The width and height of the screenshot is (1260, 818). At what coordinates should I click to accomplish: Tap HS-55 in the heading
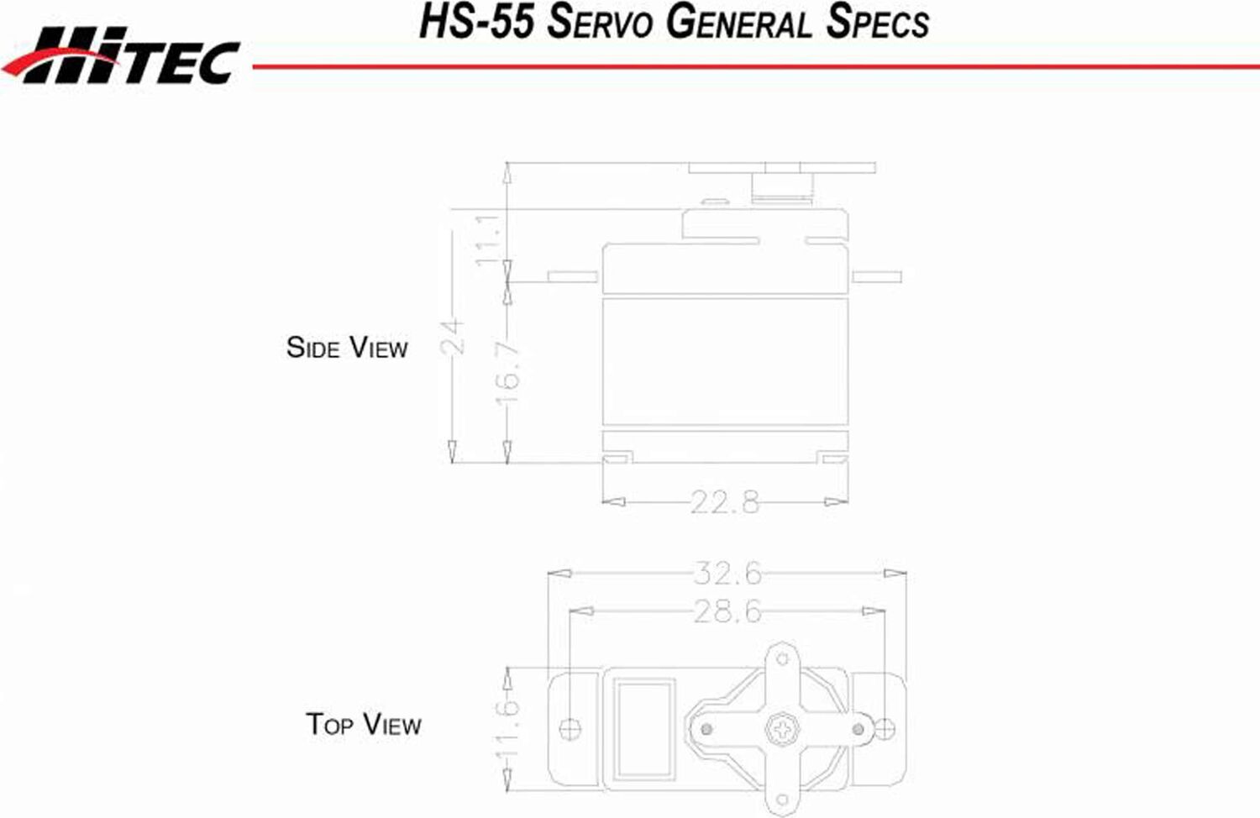point(476,23)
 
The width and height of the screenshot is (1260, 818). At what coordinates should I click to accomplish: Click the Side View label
point(346,348)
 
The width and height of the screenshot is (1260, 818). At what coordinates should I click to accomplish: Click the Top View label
point(363,724)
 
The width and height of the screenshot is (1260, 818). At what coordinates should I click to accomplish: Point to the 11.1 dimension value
point(488,239)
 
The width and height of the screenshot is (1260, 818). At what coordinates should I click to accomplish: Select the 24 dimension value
point(453,336)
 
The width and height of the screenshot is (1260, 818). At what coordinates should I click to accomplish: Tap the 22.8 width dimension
point(725,502)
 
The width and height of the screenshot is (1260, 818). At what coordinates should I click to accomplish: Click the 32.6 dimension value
point(727,574)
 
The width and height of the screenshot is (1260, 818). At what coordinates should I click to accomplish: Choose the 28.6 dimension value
point(727,611)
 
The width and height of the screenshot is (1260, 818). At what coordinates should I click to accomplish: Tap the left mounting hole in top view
point(570,728)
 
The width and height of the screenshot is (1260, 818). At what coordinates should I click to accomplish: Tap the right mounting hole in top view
point(885,728)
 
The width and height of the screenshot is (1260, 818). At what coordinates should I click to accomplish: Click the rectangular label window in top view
point(644,729)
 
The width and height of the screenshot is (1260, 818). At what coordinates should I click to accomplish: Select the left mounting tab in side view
point(573,276)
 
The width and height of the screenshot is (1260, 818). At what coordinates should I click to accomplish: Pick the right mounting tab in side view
point(876,276)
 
